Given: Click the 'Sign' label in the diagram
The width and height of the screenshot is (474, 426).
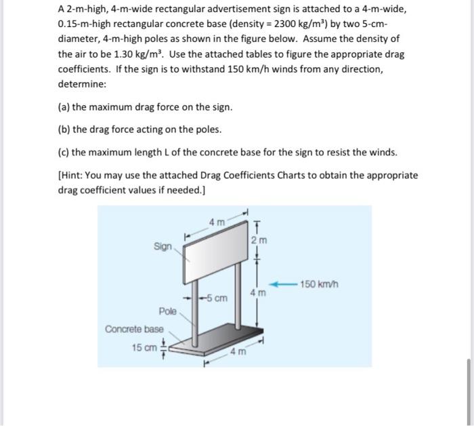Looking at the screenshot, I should [x=163, y=247].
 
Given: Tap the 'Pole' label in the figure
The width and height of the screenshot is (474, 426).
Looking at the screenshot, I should [x=168, y=311].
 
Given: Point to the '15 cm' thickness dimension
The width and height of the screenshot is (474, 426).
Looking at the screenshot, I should [x=143, y=348].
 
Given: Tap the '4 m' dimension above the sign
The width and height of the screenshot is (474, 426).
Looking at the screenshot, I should [x=217, y=221].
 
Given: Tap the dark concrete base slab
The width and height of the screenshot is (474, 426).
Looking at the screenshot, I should [x=223, y=336].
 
